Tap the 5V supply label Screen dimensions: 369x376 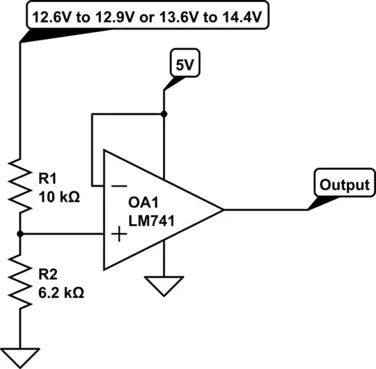pyautogui.click(x=184, y=65)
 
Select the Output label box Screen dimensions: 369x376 pyautogui.click(x=343, y=185)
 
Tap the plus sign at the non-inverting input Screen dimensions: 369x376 pyautogui.click(x=119, y=235)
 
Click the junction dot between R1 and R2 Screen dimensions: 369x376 pyautogui.click(x=21, y=235)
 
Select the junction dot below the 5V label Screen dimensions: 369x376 pyautogui.click(x=164, y=113)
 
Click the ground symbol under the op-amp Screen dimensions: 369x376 pyautogui.click(x=164, y=285)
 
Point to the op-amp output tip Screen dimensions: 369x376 pyautogui.click(x=221, y=210)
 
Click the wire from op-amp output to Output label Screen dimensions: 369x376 pyautogui.click(x=265, y=210)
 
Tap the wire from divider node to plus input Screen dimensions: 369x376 pyautogui.click(x=63, y=235)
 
